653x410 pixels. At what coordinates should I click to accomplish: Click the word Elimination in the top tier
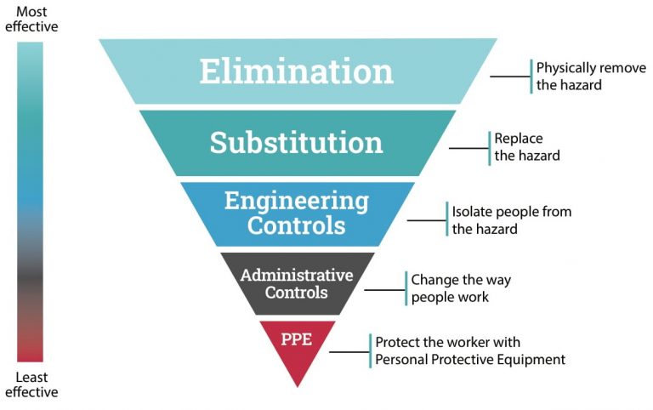coord(297,71)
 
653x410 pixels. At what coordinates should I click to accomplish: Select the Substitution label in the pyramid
coord(297,142)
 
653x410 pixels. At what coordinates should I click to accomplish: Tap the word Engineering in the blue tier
coord(297,202)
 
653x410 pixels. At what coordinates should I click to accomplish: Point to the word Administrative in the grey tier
coord(297,275)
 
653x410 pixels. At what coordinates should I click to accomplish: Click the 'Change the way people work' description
coord(461,288)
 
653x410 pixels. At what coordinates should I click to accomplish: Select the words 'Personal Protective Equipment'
coord(470,360)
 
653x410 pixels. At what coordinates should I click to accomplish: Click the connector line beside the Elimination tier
coord(510,77)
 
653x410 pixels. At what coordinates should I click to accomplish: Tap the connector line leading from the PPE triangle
coord(349,351)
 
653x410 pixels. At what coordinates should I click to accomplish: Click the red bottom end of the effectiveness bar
coord(30,353)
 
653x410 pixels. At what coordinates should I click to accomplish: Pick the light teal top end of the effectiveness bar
coord(30,51)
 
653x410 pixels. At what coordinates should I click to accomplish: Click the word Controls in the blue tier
coord(297,226)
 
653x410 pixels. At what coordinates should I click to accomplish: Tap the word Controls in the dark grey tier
coord(297,293)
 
